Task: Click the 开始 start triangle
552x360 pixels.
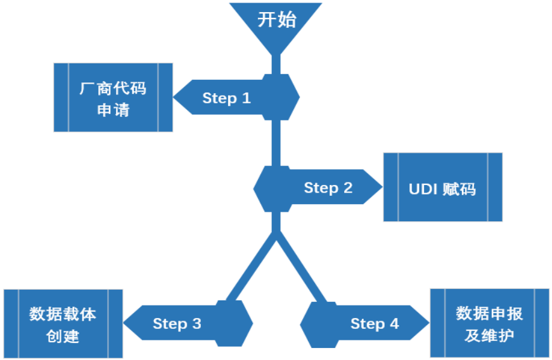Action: click(x=276, y=23)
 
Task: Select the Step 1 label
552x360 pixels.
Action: click(x=226, y=98)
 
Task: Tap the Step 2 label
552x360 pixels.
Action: click(x=328, y=188)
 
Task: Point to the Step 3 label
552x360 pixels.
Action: click(x=177, y=324)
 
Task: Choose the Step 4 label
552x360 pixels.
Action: click(x=375, y=324)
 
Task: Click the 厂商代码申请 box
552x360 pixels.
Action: click(x=113, y=98)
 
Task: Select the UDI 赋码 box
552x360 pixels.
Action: click(x=442, y=187)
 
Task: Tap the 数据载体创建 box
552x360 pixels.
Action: click(x=63, y=324)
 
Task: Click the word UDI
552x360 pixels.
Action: click(x=423, y=189)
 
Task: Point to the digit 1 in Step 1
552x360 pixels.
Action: click(x=246, y=98)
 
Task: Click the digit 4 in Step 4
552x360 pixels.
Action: click(x=394, y=324)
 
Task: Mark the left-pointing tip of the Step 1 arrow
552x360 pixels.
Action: click(x=176, y=98)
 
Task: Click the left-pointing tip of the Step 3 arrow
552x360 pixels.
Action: click(x=125, y=323)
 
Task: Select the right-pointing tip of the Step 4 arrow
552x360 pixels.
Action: click(x=428, y=323)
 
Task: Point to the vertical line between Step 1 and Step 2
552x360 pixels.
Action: click(x=276, y=143)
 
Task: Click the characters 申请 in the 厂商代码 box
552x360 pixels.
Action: click(x=113, y=110)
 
